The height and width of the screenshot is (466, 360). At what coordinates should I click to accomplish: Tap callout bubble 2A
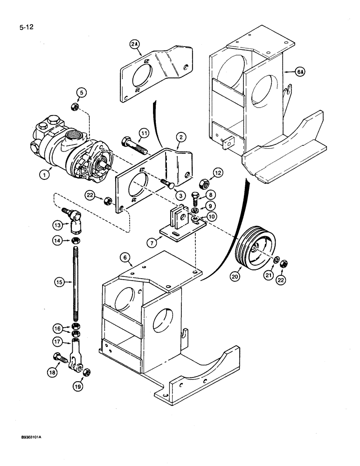(x=135, y=44)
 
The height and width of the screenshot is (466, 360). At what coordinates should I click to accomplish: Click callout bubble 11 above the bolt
(x=145, y=133)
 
